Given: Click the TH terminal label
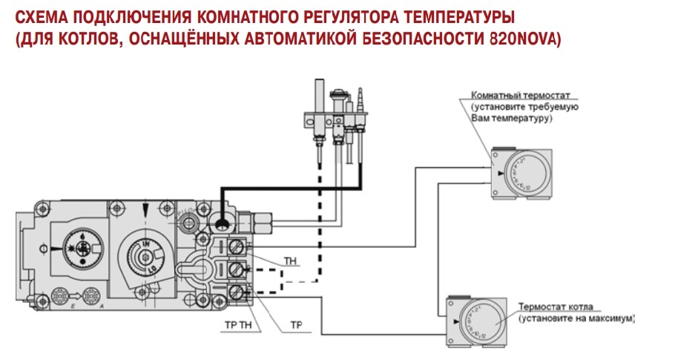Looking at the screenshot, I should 290,261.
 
